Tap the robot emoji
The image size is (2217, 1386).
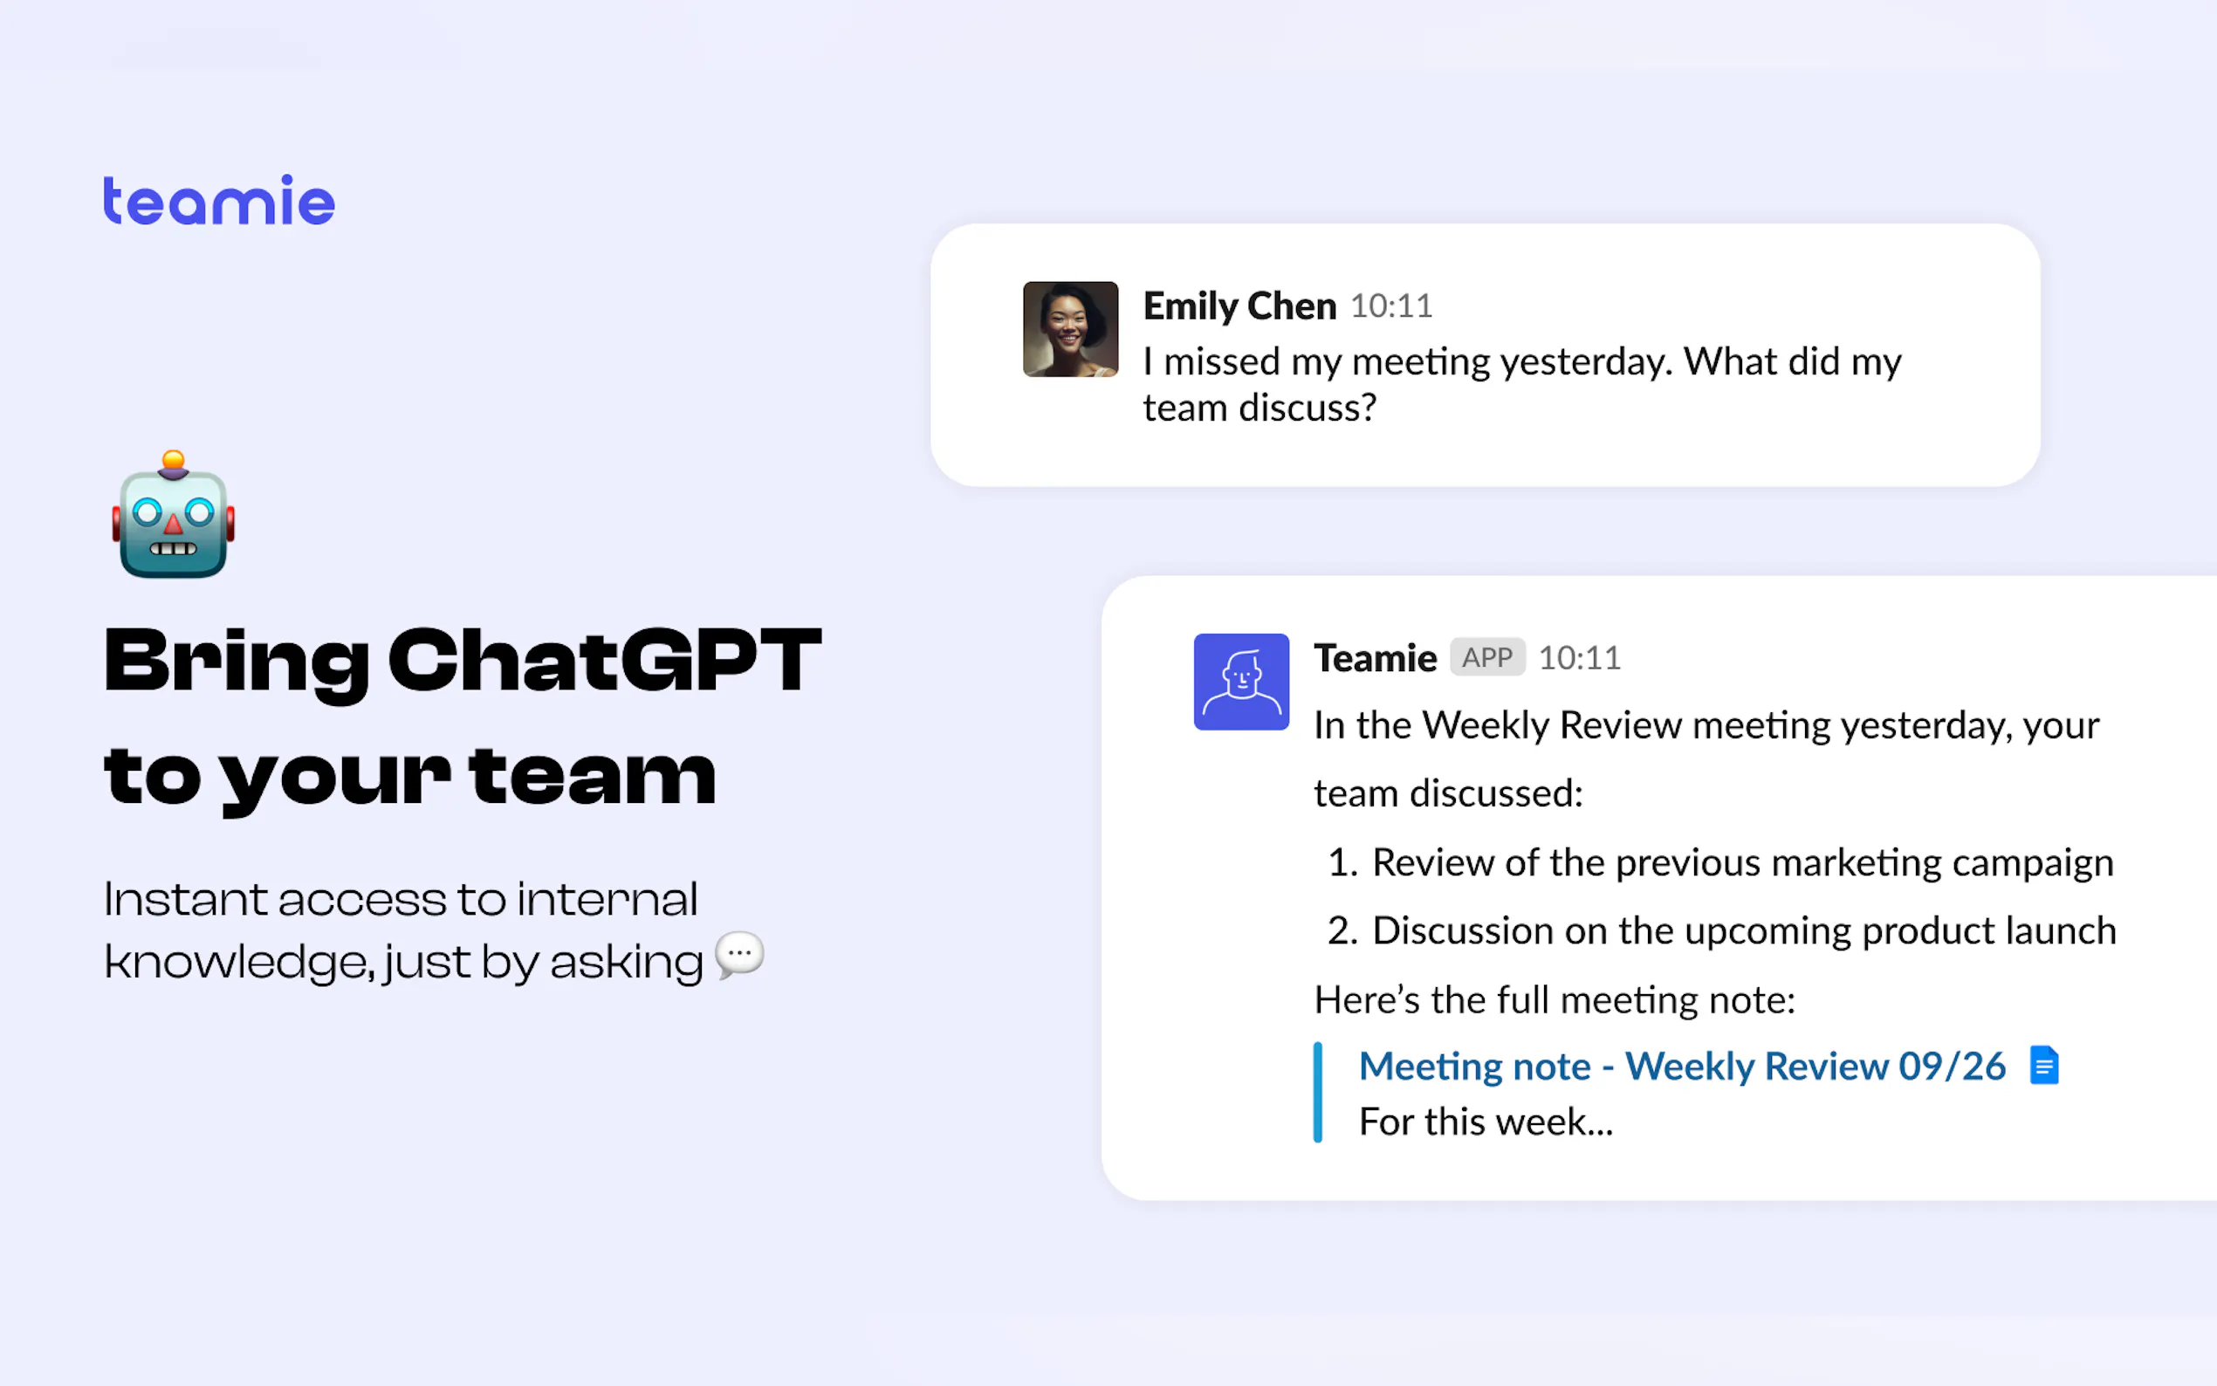pyautogui.click(x=173, y=514)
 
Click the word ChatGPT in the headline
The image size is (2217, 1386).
pyautogui.click(x=605, y=660)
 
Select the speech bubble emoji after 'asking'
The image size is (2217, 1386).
pyautogui.click(x=739, y=955)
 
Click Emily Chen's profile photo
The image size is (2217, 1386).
pyautogui.click(x=1070, y=329)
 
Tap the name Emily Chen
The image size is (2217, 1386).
pyautogui.click(x=1239, y=306)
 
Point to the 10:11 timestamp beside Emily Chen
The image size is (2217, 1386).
pyautogui.click(x=1391, y=306)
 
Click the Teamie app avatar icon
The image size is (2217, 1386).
pyautogui.click(x=1241, y=682)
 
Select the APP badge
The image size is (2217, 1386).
pyautogui.click(x=1487, y=657)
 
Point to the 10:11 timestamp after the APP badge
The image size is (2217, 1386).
pyautogui.click(x=1579, y=658)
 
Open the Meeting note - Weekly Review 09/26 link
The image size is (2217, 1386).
pyautogui.click(x=1682, y=1066)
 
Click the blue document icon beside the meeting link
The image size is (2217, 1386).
pyautogui.click(x=2044, y=1065)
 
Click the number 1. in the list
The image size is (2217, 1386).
pyautogui.click(x=1342, y=862)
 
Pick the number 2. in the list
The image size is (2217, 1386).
pyautogui.click(x=1342, y=930)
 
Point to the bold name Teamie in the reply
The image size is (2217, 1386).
pyautogui.click(x=1375, y=658)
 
